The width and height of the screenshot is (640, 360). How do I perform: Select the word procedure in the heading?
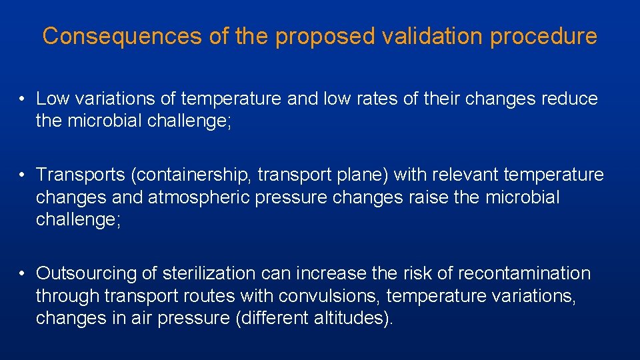543,36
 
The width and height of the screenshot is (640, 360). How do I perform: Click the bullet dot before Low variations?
22,100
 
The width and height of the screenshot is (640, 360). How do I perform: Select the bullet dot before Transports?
22,175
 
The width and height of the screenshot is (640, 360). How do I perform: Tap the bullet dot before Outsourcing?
22,274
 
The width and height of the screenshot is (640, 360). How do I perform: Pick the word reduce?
569,99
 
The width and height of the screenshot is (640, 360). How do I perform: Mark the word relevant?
457,175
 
